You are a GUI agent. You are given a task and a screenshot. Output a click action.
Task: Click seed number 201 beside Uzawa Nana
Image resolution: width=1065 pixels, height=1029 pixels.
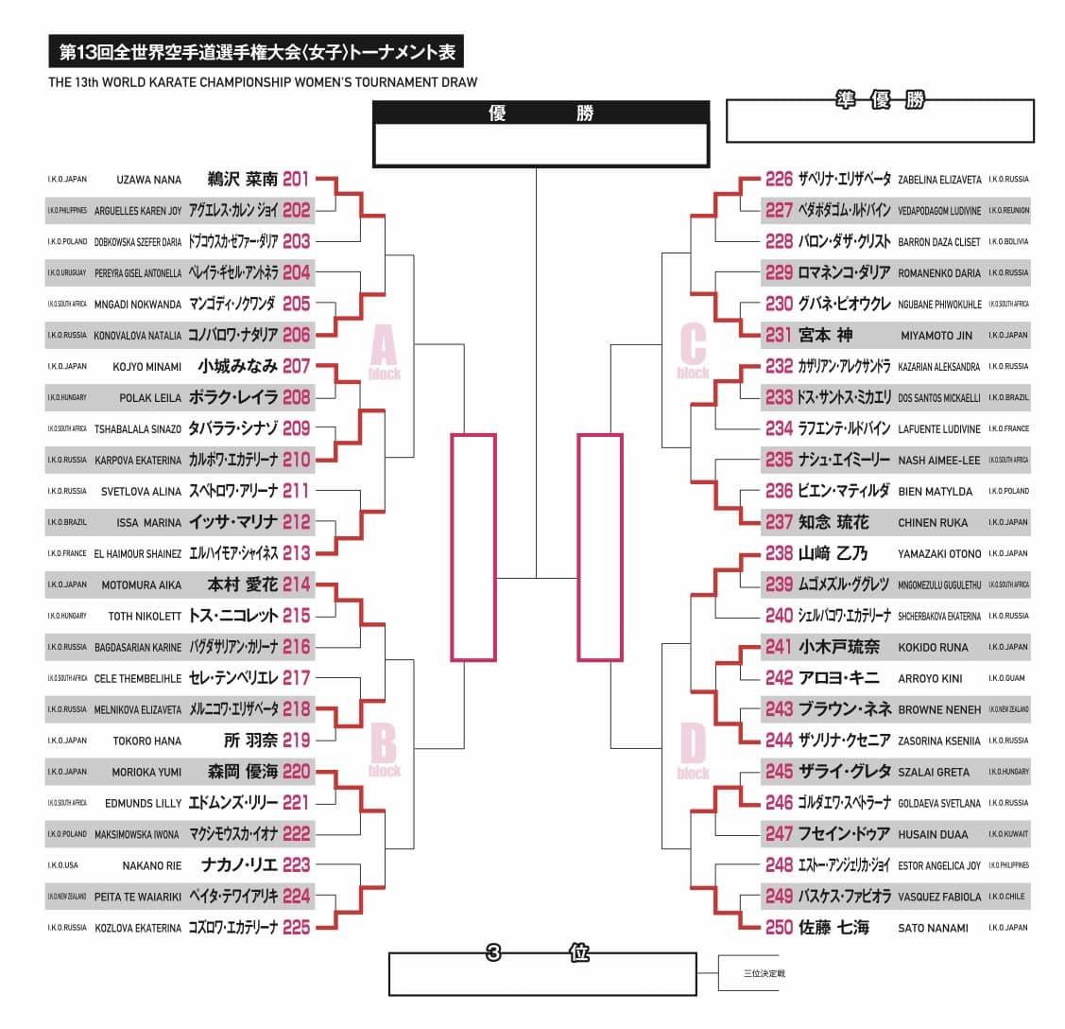pos(296,179)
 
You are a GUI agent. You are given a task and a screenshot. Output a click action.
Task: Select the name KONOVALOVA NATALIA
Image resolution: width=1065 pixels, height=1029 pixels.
pos(138,335)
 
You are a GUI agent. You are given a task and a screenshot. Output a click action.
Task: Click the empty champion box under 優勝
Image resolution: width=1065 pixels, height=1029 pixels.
pos(541,145)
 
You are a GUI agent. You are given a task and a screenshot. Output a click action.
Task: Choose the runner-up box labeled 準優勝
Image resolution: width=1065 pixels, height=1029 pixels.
pos(880,121)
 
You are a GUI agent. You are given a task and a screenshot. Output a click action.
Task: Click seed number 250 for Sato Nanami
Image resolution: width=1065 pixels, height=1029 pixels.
pos(779,928)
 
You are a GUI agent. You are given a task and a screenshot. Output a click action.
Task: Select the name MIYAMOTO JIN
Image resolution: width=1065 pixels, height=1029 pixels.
pos(936,336)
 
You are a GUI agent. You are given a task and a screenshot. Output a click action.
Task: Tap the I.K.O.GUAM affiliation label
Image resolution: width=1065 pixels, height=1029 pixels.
pos(1008,678)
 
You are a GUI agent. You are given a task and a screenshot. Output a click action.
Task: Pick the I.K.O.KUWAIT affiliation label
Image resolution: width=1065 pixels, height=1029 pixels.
pos(1008,834)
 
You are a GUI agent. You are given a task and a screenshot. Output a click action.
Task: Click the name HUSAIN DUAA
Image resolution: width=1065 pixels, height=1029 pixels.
pos(933,834)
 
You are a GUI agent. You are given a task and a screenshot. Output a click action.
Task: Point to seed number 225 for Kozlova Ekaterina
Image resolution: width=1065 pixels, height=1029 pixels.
pos(296,928)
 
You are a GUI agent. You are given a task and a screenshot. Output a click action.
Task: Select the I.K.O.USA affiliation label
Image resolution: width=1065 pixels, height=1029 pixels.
pos(63,865)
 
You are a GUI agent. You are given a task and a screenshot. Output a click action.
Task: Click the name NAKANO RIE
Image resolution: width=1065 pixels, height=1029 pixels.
pos(152,865)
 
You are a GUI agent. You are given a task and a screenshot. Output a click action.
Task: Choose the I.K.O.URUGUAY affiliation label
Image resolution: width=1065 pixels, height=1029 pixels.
pos(67,272)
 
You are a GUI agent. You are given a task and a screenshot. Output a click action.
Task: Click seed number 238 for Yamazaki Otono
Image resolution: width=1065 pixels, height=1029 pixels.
pos(779,553)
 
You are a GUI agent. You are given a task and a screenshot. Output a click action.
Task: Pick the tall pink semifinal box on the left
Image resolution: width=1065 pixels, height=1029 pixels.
pos(473,547)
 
